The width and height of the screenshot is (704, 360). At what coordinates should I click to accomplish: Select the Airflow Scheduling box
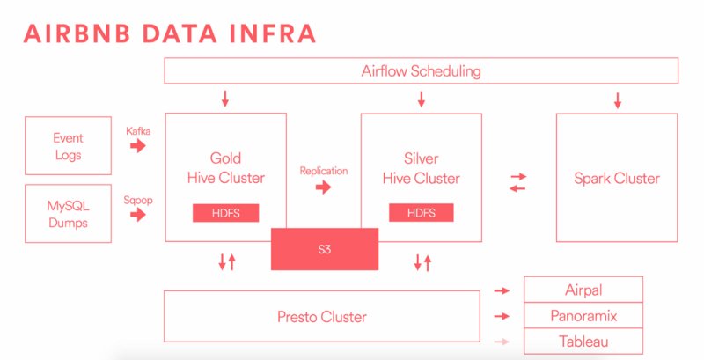coord(421,70)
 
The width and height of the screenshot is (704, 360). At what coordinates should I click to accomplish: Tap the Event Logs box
coord(69,145)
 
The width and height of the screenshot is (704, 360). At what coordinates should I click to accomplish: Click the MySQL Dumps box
coord(69,212)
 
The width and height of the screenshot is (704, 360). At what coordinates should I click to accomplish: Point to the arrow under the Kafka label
coord(139,146)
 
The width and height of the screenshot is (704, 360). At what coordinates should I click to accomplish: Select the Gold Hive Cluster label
coord(226,169)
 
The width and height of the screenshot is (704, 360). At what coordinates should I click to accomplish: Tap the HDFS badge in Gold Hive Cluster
coord(226,213)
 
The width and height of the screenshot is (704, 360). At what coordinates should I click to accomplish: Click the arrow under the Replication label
coord(323,187)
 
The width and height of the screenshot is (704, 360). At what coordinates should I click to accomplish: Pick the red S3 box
coord(325,248)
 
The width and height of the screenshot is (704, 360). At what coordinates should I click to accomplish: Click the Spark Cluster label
coord(617,178)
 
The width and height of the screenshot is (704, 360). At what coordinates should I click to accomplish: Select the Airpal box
coord(583,290)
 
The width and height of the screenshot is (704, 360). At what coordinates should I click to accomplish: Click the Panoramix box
coord(583,315)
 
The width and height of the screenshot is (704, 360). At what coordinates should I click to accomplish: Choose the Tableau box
coord(583,342)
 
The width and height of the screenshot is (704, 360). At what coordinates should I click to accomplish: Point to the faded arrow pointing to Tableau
coord(502,342)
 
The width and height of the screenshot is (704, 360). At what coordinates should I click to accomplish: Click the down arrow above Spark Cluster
coord(617,99)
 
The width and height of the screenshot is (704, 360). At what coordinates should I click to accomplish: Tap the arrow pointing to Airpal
coord(502,290)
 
